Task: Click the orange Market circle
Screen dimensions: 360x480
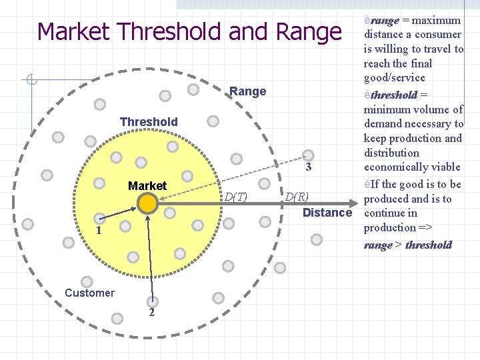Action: tap(148, 203)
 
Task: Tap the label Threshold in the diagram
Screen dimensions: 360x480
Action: tap(149, 122)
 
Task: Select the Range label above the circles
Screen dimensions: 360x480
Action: tap(247, 91)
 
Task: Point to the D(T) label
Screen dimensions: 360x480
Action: tap(235, 197)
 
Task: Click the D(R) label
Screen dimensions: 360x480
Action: tap(297, 197)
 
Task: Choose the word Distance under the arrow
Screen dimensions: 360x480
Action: tap(327, 213)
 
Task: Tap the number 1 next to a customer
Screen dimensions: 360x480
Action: tap(97, 231)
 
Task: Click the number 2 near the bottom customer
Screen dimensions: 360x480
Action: tap(152, 313)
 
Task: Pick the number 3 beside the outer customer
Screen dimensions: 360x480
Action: tap(309, 167)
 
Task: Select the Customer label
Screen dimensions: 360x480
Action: tap(89, 293)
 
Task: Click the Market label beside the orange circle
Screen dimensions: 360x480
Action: tap(147, 185)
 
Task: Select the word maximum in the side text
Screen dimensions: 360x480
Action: tap(437, 21)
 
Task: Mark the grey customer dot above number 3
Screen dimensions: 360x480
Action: tap(307, 154)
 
